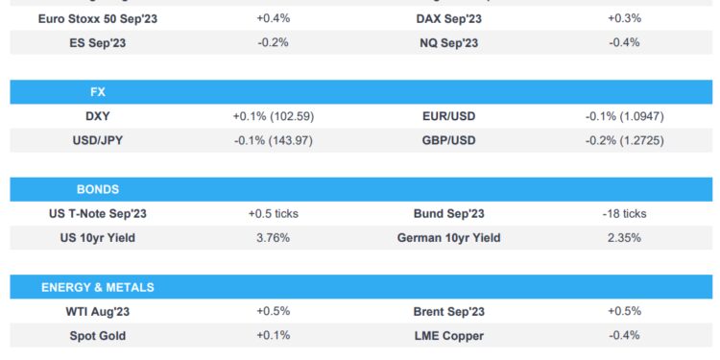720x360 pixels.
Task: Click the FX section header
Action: [x=97, y=93]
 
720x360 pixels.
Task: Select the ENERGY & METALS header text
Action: [x=97, y=287]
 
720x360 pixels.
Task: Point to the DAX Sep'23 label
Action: [x=449, y=18]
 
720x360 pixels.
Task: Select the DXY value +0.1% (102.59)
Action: [x=274, y=116]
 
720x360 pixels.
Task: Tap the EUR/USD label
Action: [x=449, y=116]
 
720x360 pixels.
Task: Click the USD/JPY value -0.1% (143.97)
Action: [x=274, y=141]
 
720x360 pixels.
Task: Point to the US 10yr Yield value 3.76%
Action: [x=274, y=238]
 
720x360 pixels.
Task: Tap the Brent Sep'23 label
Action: [x=449, y=311]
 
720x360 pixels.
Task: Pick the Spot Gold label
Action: [x=97, y=336]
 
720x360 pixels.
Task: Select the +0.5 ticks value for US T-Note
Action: [x=274, y=213]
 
